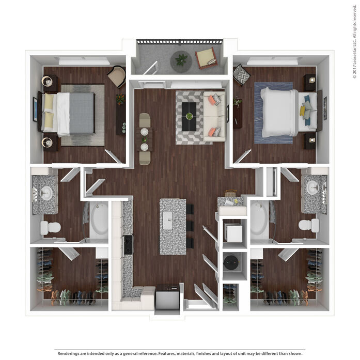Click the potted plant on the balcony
click(x=181, y=60)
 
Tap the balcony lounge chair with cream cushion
click(x=206, y=58)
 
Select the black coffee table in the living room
click(x=189, y=117)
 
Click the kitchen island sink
click(x=167, y=221)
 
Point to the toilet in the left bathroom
click(x=51, y=228)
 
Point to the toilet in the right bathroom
click(x=308, y=225)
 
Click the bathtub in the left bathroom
click(x=99, y=221)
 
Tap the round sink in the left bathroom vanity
click(x=46, y=193)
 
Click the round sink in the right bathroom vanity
click(x=313, y=187)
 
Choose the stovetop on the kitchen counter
click(x=128, y=245)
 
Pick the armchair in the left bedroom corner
click(x=117, y=76)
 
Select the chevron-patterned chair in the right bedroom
click(x=241, y=74)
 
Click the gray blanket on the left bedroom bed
click(x=82, y=114)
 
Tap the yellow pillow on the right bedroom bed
click(x=302, y=111)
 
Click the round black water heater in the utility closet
click(x=232, y=262)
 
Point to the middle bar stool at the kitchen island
click(x=190, y=226)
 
